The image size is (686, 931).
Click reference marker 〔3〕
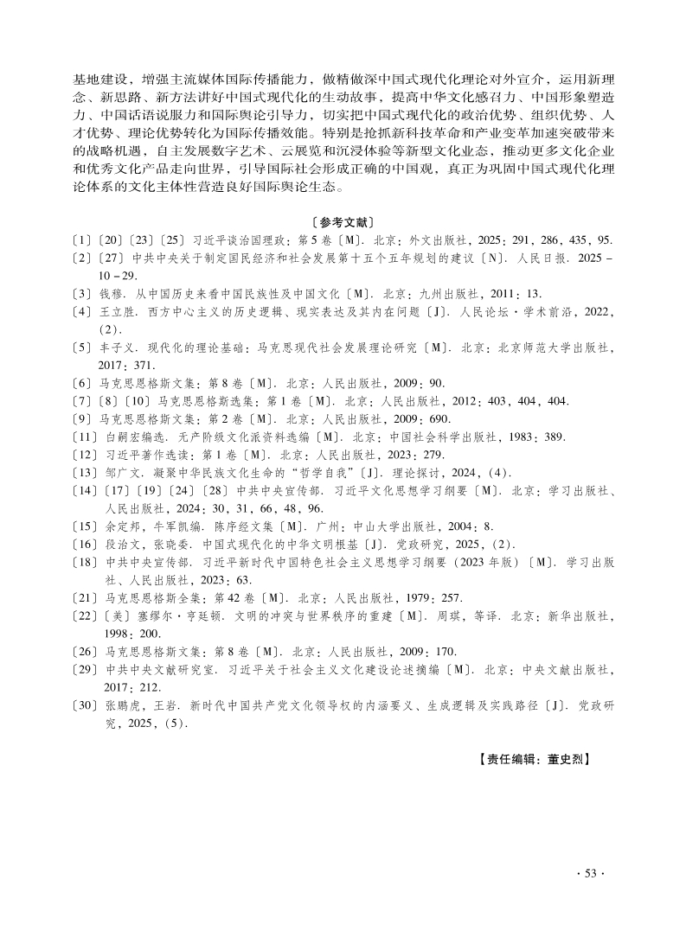pos(83,294)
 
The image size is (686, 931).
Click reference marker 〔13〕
pos(86,471)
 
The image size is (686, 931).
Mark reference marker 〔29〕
pos(86,670)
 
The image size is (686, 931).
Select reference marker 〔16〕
pos(86,543)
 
